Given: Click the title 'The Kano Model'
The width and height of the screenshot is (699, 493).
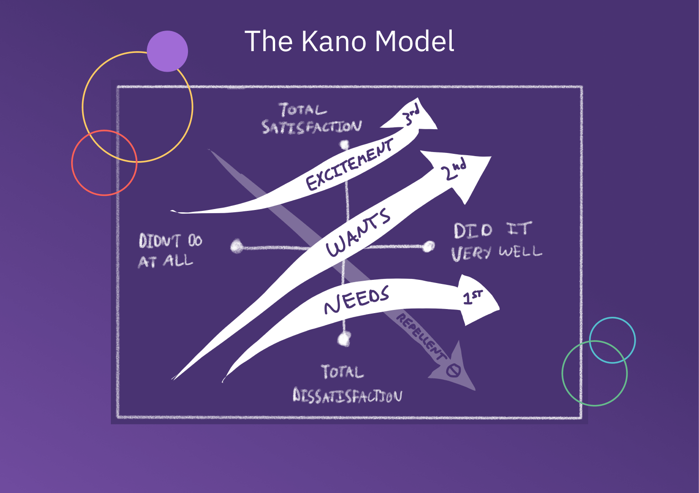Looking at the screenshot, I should pos(349,41).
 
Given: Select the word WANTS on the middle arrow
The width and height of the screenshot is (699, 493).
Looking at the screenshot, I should pos(359,233).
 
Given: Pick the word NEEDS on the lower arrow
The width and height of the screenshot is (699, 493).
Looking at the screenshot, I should pos(356,299).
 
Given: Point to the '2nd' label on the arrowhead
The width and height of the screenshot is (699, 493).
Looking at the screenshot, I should pos(454,169).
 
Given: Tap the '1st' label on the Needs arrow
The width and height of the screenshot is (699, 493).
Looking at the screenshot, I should pos(472,298).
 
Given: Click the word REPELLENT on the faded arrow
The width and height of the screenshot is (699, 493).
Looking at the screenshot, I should pos(420,336).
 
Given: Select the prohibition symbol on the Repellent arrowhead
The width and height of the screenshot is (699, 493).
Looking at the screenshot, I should pos(453,370).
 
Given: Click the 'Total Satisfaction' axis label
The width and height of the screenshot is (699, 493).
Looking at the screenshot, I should pos(312,119).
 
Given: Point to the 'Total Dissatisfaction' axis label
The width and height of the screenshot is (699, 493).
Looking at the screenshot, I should pos(347,384).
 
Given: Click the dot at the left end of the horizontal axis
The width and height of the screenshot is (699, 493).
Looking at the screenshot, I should pos(236,246).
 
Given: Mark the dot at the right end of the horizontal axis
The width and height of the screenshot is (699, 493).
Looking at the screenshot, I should pos(428,246).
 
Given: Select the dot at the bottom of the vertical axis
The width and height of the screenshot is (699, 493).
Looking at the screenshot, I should pos(344,339).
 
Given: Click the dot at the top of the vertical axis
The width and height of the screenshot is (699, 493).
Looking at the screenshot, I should pos(344,146).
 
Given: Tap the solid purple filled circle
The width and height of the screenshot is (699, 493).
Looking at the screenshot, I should pos(167,51).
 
